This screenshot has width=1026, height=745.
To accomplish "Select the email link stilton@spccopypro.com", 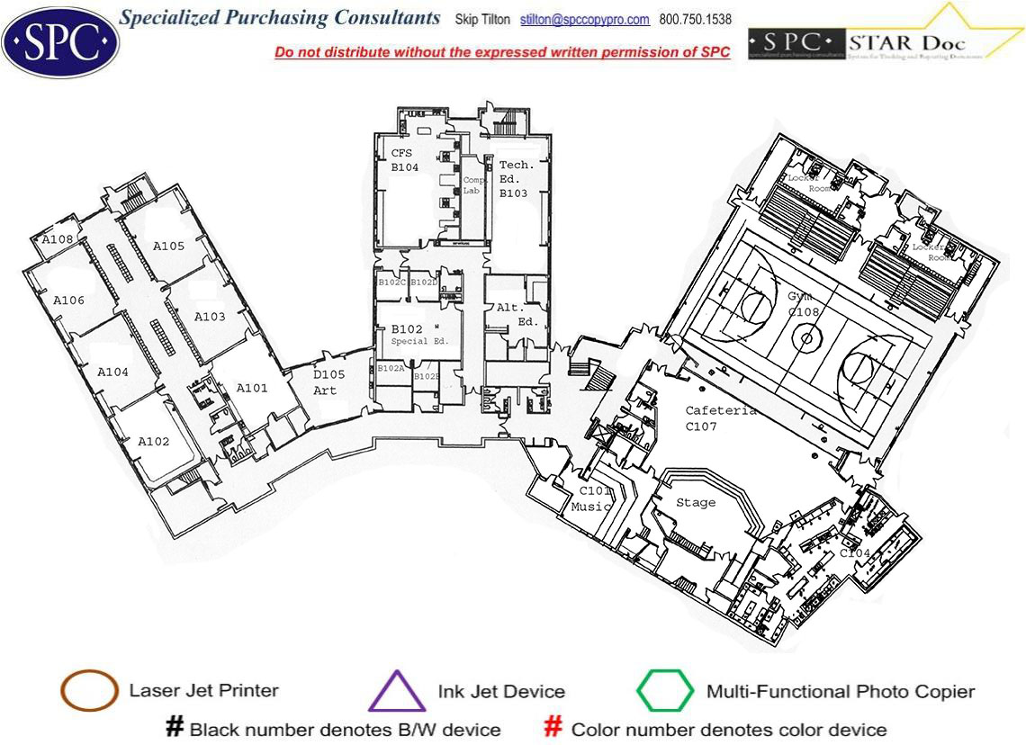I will pos(584,20).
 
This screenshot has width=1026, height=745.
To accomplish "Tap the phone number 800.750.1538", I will pos(696,20).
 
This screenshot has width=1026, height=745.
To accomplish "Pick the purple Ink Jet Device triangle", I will pos(397,692).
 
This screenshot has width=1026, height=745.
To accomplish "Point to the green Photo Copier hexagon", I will pos(665,691).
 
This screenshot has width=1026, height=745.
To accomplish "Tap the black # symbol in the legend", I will pos(175,728).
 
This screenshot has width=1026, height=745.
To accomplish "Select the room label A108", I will pos(58,239).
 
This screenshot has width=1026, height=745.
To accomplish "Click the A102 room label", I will pos(154,442).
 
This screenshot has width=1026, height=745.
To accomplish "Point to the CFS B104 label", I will pos(404,160).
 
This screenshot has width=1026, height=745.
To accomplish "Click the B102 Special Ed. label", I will pos(413,335).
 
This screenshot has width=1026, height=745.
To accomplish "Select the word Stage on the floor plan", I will pos(696,502).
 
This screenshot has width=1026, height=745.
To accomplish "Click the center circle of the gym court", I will pos(806,338).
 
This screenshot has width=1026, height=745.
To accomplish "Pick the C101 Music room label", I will pos(594,498).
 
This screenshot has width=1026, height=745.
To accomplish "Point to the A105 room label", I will pos(168,246).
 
